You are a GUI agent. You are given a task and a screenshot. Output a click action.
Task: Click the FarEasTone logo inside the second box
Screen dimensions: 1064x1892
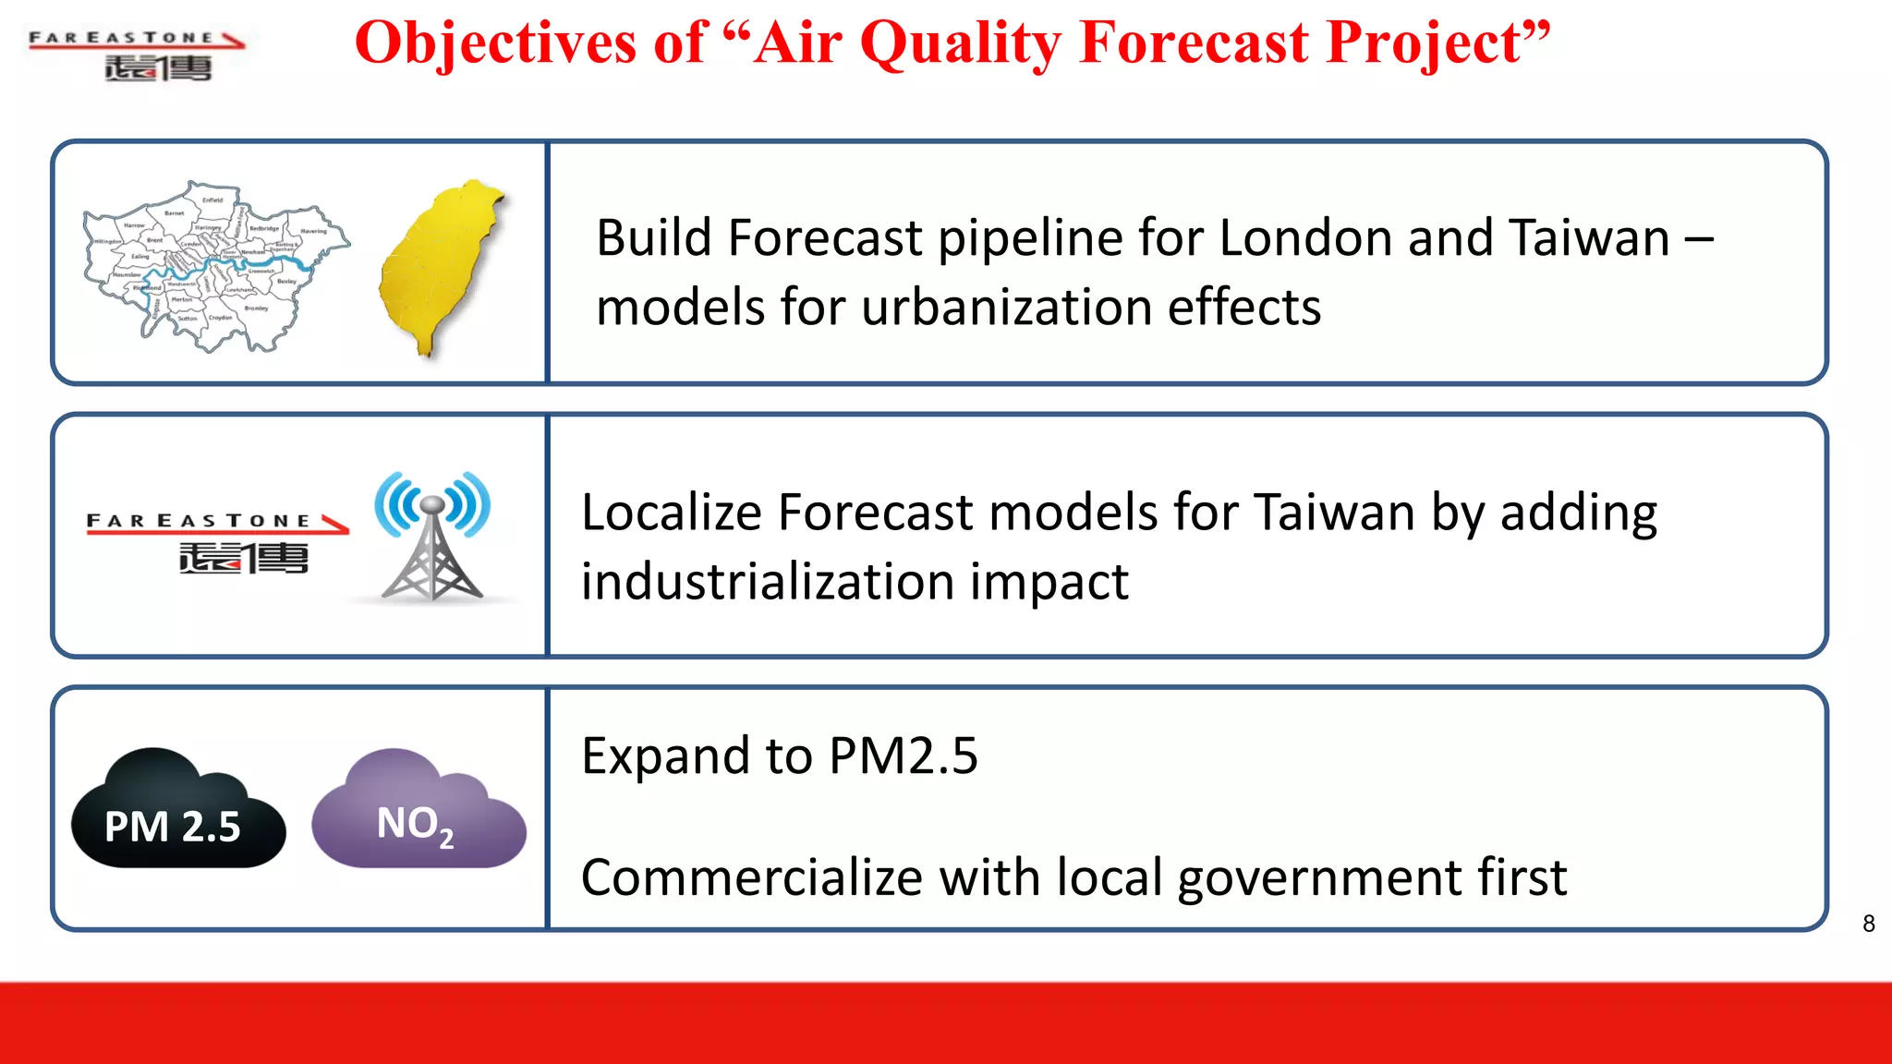[218, 543]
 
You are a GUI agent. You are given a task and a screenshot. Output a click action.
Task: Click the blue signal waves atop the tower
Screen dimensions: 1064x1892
[432, 503]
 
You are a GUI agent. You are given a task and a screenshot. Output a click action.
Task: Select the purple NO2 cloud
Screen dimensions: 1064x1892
[418, 813]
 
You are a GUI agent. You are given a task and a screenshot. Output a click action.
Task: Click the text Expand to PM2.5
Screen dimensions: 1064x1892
[779, 756]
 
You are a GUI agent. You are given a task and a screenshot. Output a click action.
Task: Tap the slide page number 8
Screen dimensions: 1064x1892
[1868, 924]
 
